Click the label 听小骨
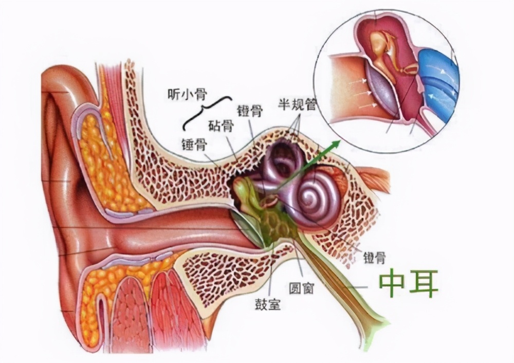[x=187, y=95]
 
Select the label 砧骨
[x=222, y=125]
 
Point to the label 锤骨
[x=194, y=143]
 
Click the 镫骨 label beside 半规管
[x=250, y=111]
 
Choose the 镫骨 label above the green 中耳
[x=374, y=258]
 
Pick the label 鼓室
[x=268, y=304]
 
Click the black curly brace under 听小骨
[x=206, y=112]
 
